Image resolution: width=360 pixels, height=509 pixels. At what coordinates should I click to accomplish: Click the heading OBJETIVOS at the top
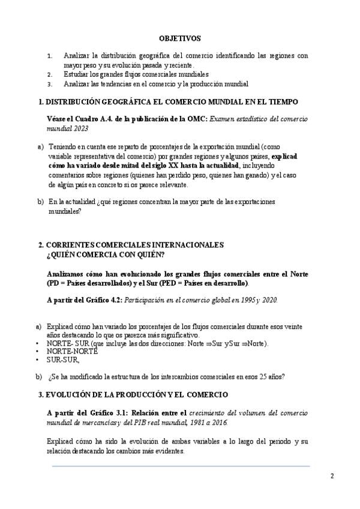180,37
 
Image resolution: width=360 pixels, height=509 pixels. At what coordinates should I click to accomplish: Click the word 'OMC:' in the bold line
197,119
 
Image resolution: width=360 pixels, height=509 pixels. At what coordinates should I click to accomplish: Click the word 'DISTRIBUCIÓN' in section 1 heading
74,103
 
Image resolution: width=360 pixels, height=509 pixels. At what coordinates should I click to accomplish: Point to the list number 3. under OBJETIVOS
50,84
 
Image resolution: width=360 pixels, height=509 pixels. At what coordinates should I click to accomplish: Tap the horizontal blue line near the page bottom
180,466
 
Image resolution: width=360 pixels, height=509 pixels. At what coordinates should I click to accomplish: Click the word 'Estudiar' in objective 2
76,74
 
